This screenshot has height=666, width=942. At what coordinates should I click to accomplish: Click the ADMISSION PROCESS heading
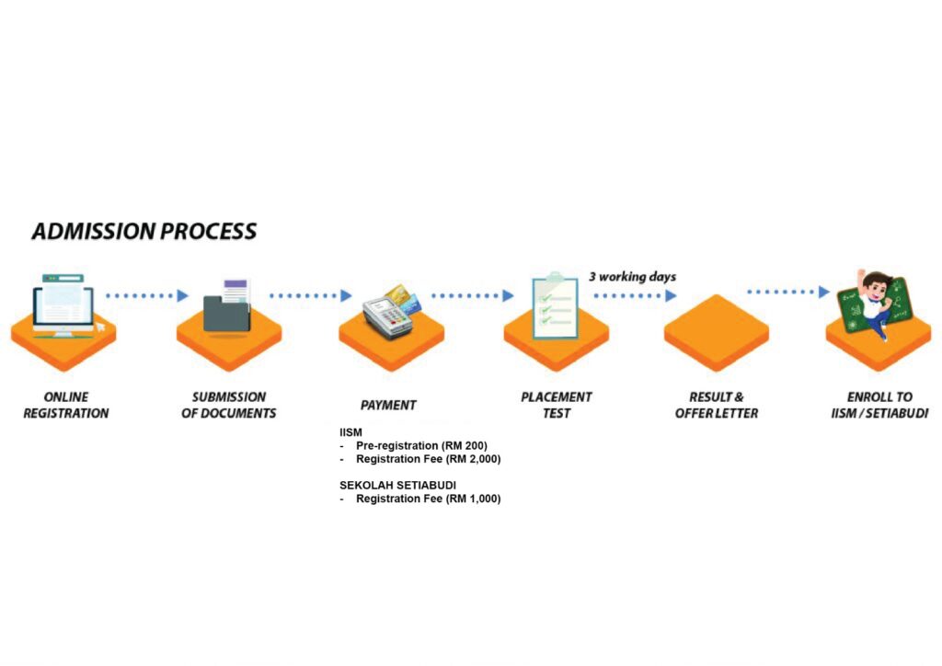point(144,231)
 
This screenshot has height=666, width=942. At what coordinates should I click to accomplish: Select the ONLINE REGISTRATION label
point(65,406)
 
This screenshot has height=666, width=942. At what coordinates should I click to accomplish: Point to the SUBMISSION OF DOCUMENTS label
point(229,406)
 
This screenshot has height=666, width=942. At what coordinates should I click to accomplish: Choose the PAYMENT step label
point(388,405)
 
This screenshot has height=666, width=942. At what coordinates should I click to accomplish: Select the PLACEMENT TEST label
point(557,406)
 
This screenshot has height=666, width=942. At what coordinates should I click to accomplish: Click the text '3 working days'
point(632,277)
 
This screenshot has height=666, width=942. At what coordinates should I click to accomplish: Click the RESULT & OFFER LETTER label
point(717,406)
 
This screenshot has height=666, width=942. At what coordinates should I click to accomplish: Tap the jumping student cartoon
point(873,303)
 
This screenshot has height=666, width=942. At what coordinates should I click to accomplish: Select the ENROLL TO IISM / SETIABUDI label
point(879,406)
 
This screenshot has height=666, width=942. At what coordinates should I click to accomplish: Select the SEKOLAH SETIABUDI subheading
point(398,485)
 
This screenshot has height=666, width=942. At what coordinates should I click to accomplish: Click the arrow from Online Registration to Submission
point(147,296)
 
